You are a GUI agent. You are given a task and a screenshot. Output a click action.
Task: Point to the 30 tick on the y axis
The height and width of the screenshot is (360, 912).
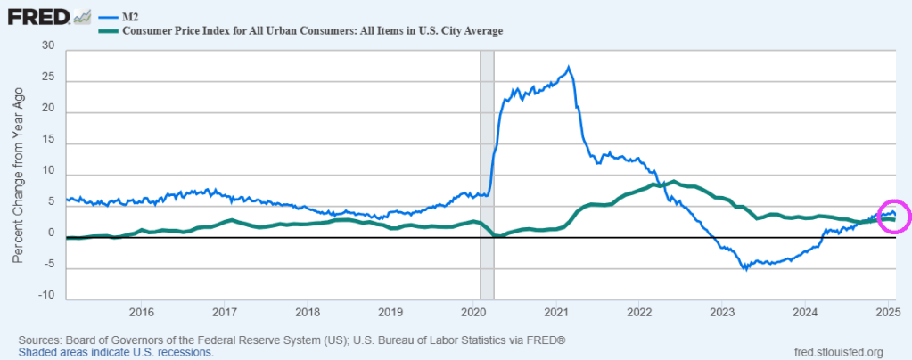point(48,46)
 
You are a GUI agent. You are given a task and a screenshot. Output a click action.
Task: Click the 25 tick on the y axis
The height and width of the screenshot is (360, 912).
point(48,78)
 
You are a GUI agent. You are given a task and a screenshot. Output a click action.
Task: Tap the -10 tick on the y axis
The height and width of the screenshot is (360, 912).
point(46,296)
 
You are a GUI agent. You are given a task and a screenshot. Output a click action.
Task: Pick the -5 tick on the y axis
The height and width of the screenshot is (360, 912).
point(48,265)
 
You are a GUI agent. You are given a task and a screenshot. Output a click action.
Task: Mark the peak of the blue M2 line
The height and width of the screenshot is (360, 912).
point(569,67)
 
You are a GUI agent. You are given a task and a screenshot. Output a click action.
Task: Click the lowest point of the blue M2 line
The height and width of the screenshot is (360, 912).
point(745,269)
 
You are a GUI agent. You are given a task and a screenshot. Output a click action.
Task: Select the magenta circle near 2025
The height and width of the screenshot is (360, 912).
point(893,216)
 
